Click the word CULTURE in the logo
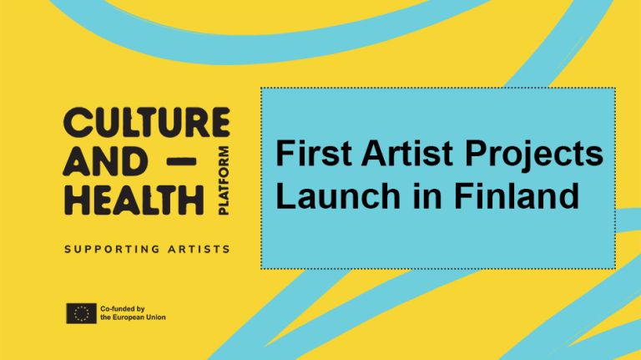coord(146,122)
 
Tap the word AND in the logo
coord(105,161)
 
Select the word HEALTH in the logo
coord(134,200)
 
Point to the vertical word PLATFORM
coord(224,180)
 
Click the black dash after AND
coord(182,161)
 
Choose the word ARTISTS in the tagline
coord(199,249)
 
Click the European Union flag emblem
coord(81,313)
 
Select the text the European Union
coord(134,317)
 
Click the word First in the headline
coord(314,154)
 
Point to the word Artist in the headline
coord(407,154)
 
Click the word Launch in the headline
coord(338,195)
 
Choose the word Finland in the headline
coord(517,195)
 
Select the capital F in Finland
coord(464,195)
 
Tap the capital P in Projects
coord(477,154)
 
